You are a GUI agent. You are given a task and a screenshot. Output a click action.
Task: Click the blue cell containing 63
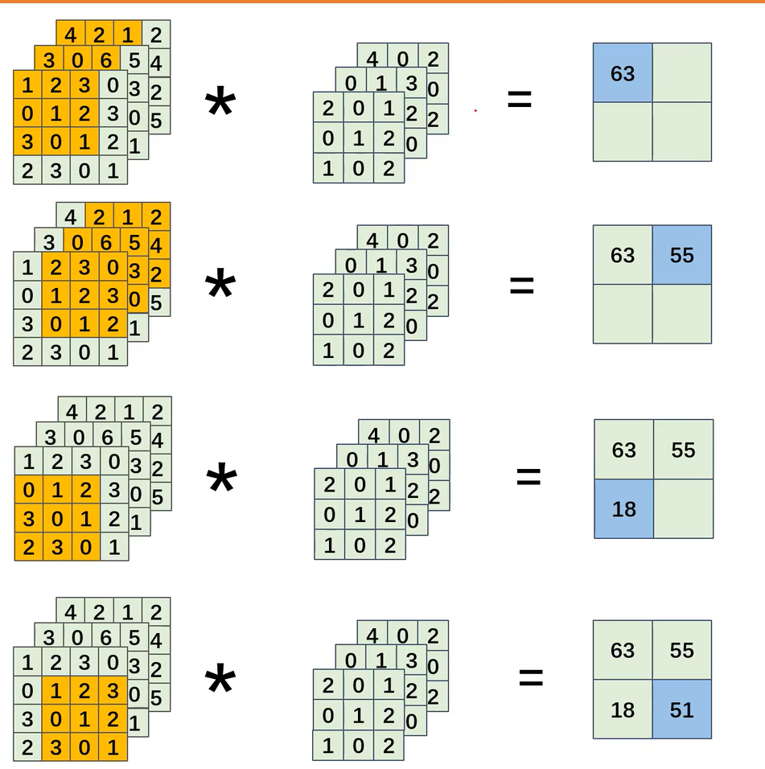click(x=623, y=73)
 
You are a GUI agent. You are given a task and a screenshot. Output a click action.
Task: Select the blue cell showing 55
click(x=681, y=255)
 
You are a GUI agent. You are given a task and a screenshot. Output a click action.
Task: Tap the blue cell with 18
click(x=624, y=508)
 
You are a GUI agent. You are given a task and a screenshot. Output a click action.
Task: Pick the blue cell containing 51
click(x=681, y=709)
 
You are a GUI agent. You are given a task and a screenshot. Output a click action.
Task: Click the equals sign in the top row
click(x=519, y=100)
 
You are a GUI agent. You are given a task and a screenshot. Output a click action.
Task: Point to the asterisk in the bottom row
click(x=220, y=682)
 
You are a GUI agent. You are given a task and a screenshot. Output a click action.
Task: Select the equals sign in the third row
click(x=528, y=476)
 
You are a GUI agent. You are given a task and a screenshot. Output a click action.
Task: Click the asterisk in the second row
click(x=220, y=286)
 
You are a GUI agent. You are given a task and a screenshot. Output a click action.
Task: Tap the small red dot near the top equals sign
click(x=475, y=110)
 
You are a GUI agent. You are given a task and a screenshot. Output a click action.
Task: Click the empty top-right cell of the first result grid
click(x=681, y=73)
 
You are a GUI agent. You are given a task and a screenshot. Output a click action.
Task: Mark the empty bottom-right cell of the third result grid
click(x=683, y=508)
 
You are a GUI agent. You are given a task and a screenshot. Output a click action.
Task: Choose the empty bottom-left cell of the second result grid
click(x=623, y=314)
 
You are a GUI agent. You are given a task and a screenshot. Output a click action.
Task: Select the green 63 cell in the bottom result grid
click(x=623, y=650)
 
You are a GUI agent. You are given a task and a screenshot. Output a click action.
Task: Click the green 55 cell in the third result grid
click(x=683, y=450)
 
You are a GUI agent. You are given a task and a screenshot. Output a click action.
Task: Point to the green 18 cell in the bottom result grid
click(x=623, y=709)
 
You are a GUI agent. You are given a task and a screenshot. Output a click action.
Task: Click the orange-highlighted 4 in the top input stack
click(x=71, y=35)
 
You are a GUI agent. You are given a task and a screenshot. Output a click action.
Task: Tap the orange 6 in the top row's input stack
click(x=106, y=60)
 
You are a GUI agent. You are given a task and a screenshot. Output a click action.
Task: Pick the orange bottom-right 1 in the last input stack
click(x=113, y=748)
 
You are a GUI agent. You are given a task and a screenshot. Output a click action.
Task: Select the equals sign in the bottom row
click(x=530, y=677)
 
